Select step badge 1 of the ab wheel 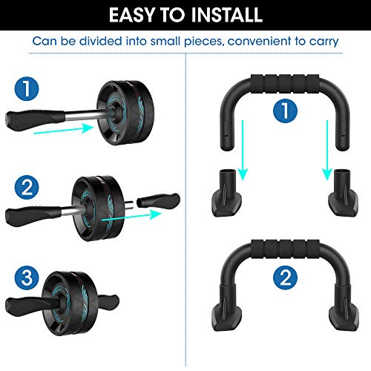click(x=27, y=92)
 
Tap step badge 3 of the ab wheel click(x=27, y=280)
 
